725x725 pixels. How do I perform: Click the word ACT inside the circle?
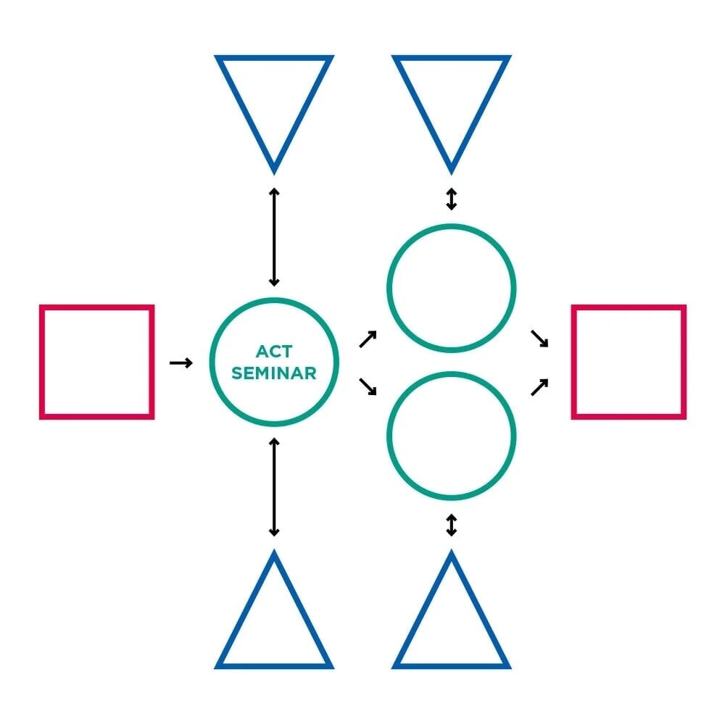(274, 352)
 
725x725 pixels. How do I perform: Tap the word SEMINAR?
(274, 373)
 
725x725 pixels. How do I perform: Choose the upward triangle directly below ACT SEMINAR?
(274, 666)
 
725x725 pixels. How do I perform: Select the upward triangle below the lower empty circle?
(451, 666)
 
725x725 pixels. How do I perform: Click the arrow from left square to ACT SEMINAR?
(181, 363)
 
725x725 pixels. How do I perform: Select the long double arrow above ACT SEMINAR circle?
(274, 237)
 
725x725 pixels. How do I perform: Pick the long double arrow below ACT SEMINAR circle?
(274, 487)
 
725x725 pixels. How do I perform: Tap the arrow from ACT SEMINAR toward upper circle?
(368, 339)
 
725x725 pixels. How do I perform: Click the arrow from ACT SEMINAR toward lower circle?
(368, 386)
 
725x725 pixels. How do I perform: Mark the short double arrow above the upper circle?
(452, 199)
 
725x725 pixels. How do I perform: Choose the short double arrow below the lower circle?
(452, 525)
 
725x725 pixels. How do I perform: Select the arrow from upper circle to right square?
(539, 339)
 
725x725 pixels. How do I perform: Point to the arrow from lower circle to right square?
(539, 387)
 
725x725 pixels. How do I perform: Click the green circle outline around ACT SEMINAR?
(274, 300)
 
